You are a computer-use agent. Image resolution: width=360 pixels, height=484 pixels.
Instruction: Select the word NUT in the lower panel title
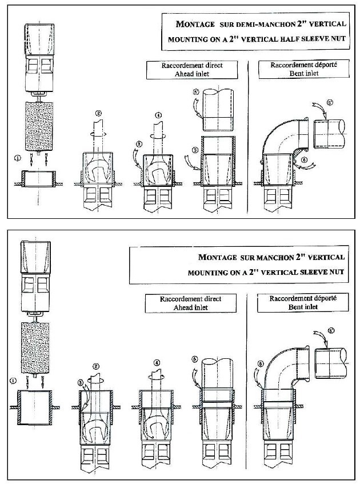tap(336, 272)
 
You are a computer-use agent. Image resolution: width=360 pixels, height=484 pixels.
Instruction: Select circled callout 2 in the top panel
tap(99, 113)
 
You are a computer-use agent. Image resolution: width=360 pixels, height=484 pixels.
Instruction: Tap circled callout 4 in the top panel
tap(157, 114)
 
